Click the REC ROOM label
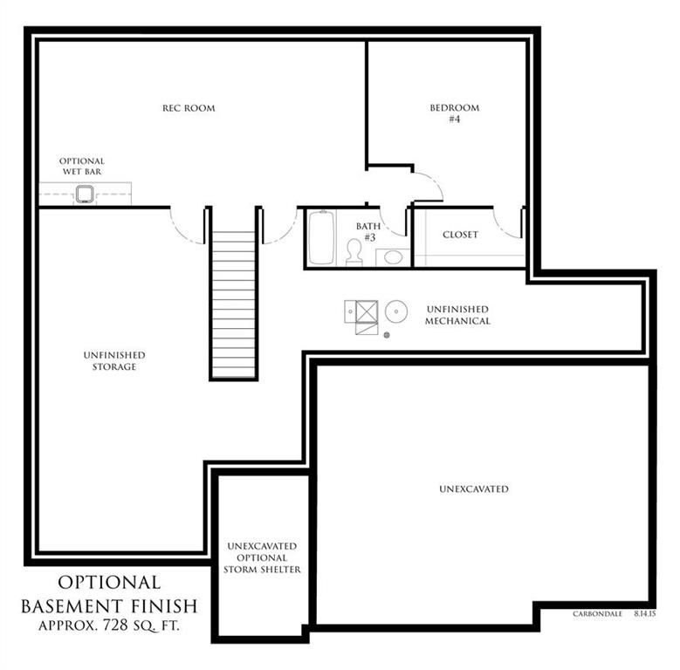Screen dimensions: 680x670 (189, 108)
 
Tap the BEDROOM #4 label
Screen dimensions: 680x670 (455, 113)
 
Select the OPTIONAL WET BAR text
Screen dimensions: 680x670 (82, 166)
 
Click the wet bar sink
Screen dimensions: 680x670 (84, 195)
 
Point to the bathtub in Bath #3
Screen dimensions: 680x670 (321, 237)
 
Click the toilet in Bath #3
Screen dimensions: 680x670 (354, 252)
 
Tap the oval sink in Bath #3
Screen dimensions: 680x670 (394, 257)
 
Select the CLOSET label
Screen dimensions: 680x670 (460, 235)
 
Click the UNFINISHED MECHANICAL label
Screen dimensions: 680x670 (457, 315)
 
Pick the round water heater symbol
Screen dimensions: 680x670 (396, 311)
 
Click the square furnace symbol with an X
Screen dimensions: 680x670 (367, 311)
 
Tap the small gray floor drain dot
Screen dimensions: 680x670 (387, 335)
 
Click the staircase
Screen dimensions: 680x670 (234, 304)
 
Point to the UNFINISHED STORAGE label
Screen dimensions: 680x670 (114, 360)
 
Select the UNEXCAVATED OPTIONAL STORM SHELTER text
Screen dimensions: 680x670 (262, 557)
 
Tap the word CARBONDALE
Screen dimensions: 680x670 (597, 614)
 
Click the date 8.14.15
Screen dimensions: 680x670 (644, 614)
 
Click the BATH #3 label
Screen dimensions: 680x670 (368, 232)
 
